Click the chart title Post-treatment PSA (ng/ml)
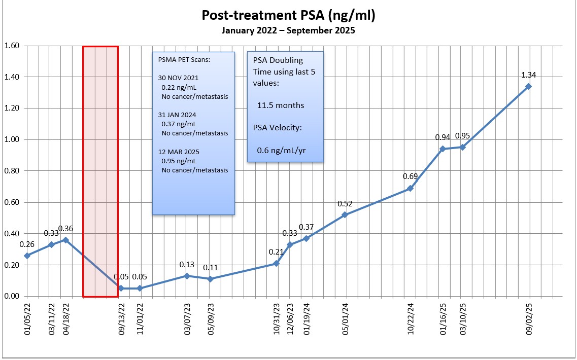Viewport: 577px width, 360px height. coord(288,16)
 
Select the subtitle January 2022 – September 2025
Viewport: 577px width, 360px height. coord(288,30)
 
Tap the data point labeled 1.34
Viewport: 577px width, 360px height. coord(528,86)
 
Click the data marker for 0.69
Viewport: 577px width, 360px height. coord(410,188)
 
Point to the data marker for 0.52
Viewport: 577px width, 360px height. coord(345,214)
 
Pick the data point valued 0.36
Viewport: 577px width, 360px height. coord(65,240)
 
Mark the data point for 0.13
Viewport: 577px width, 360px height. coord(187,276)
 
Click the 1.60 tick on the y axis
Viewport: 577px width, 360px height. coord(12,46)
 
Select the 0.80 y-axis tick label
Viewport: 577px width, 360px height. coord(12,171)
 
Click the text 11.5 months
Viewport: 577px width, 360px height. coord(281,105)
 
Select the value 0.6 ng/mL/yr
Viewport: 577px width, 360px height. coord(284,150)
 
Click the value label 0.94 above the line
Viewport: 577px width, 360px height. coord(443,137)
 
